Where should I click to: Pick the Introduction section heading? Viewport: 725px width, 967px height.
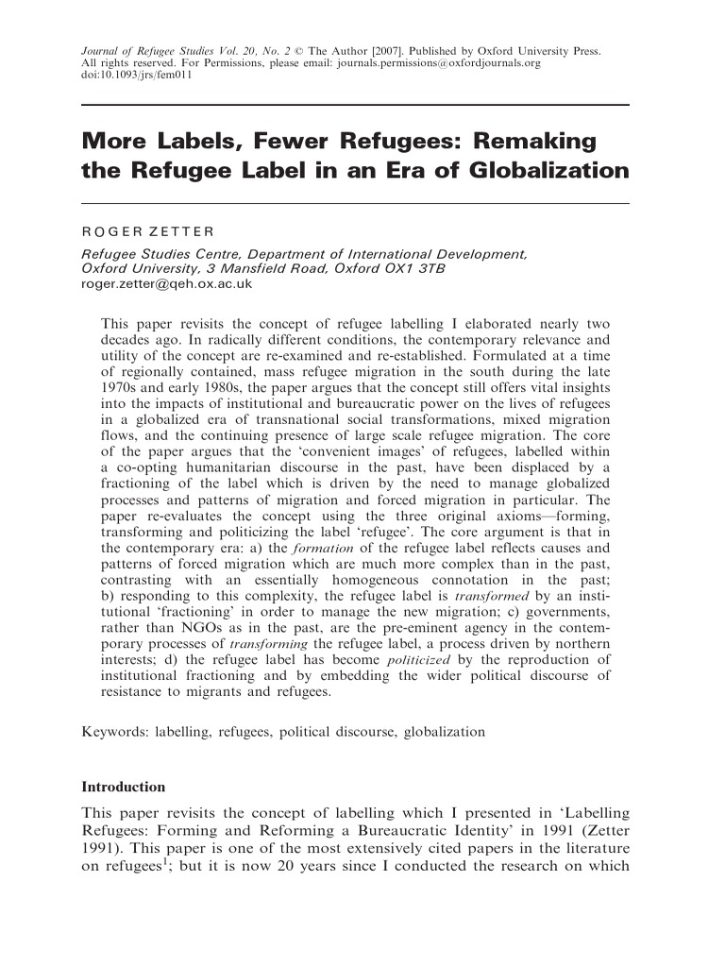point(124,787)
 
